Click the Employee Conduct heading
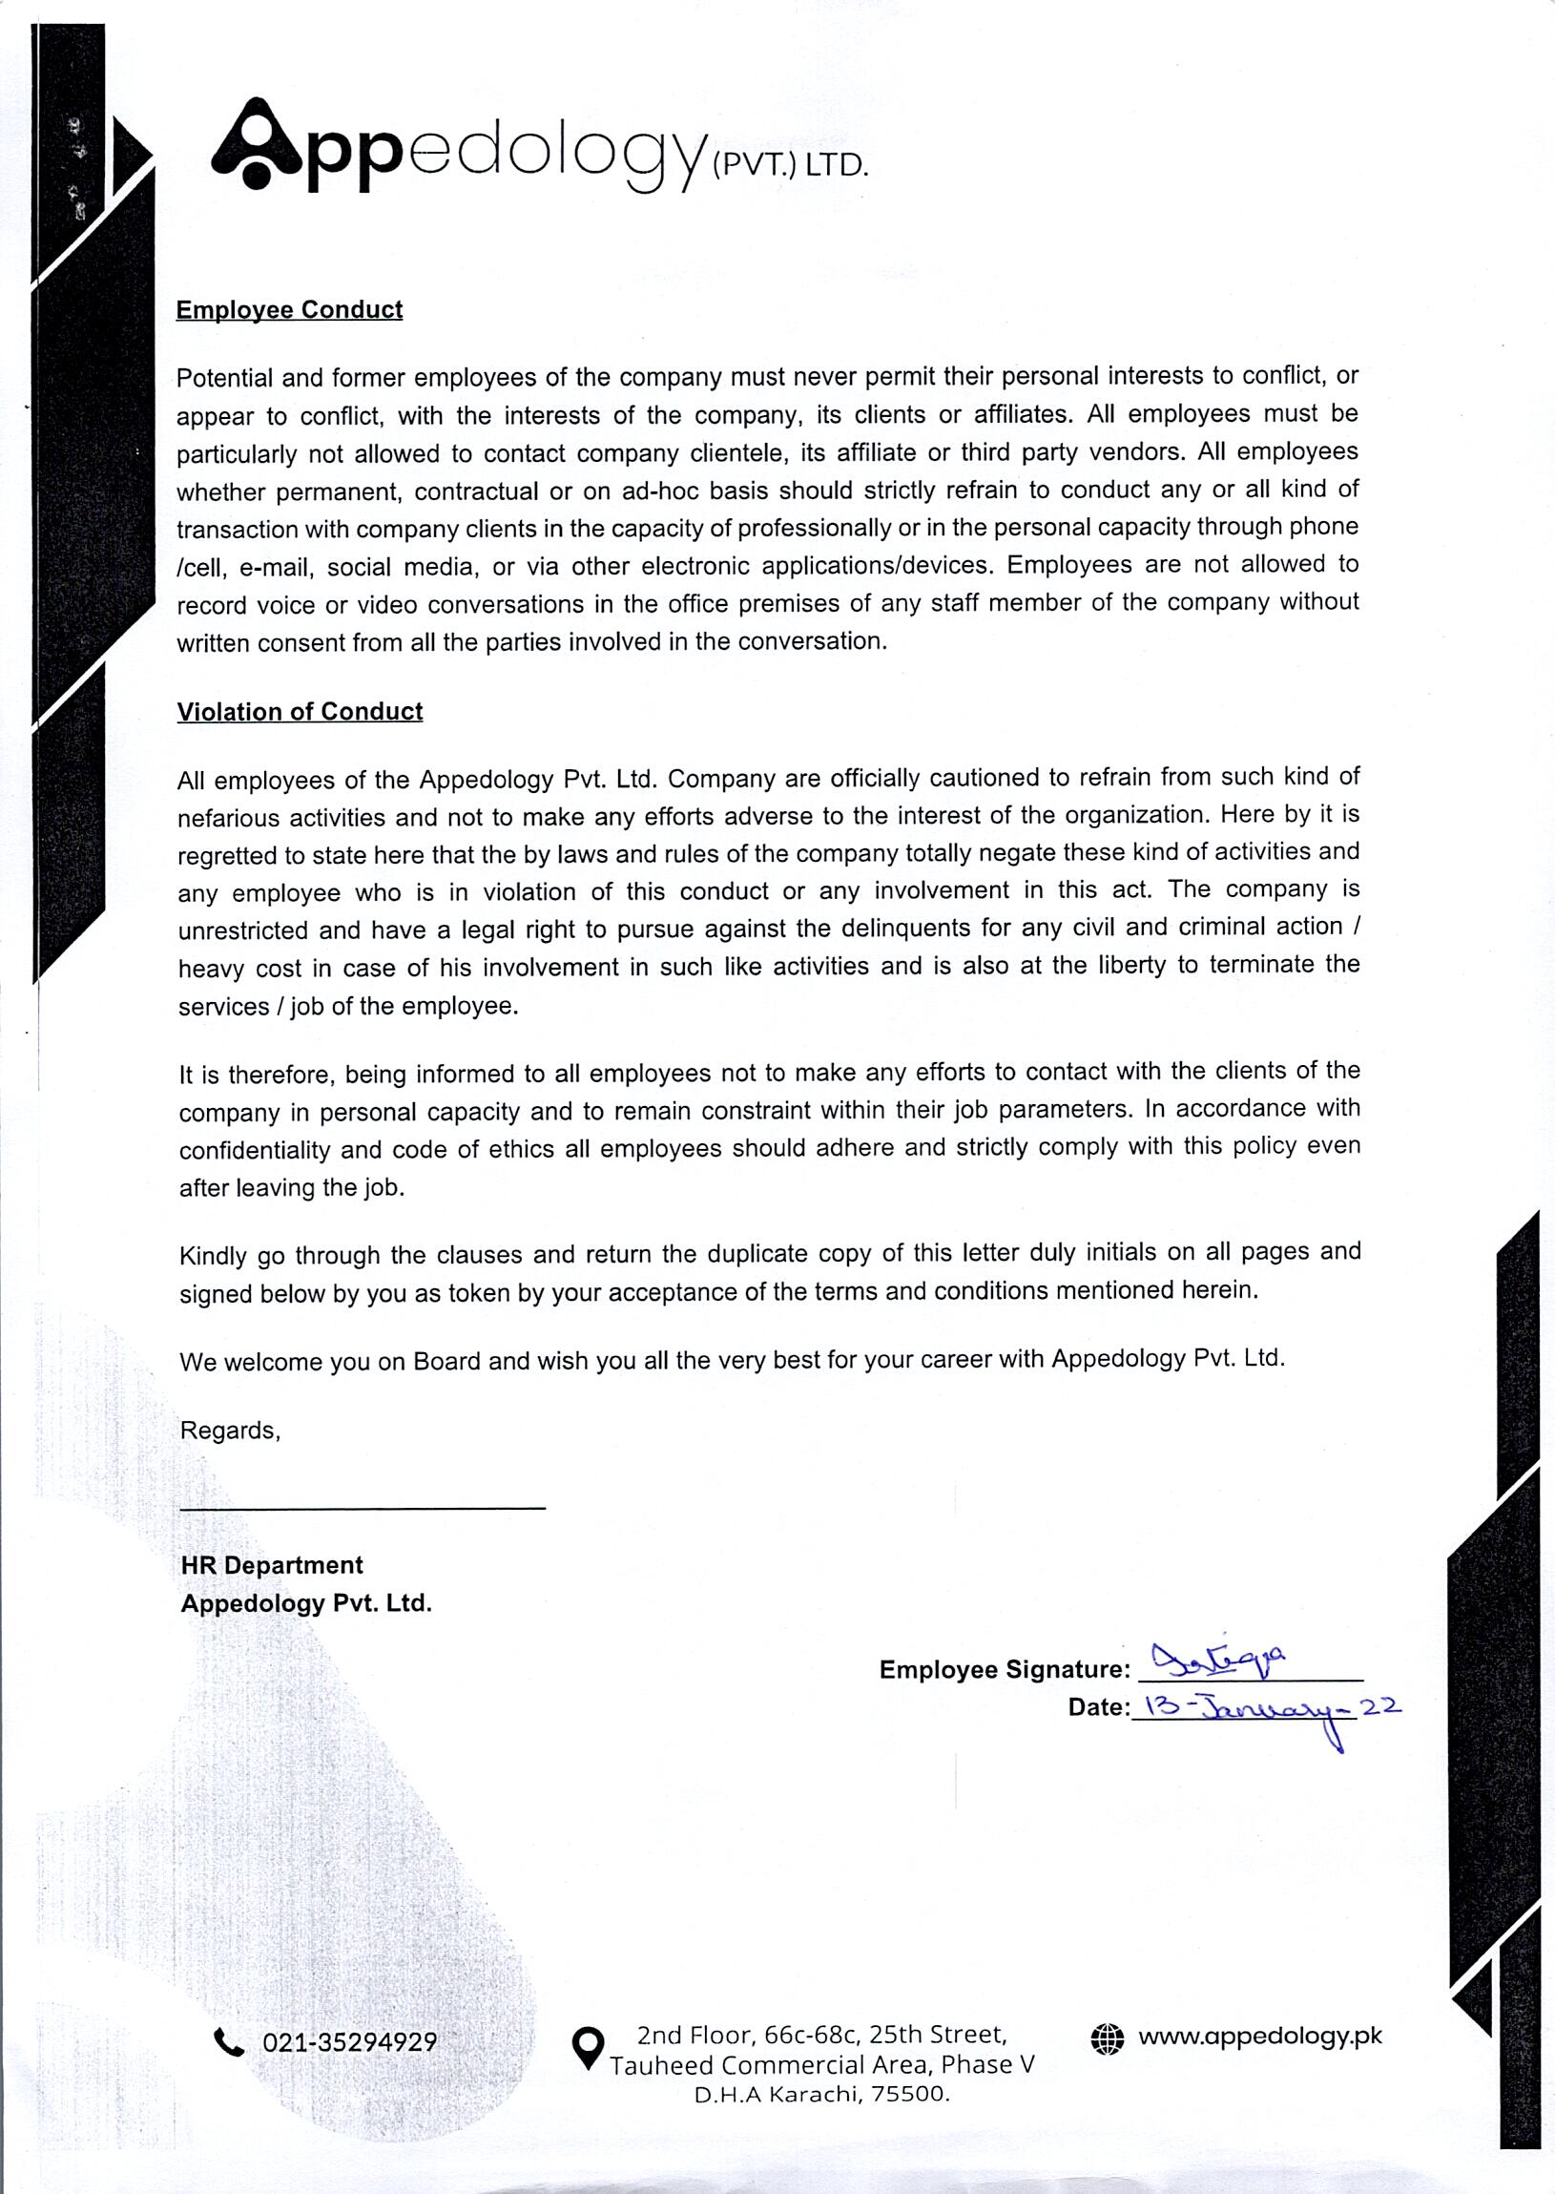[289, 309]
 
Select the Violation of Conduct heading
[300, 712]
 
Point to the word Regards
[230, 1431]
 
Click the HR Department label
[272, 1565]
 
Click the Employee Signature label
[1005, 1669]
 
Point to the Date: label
[1099, 1707]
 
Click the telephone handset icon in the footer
[229, 2042]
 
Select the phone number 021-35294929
[349, 2042]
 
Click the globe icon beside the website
[1107, 2037]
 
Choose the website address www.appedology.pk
[1260, 2036]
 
